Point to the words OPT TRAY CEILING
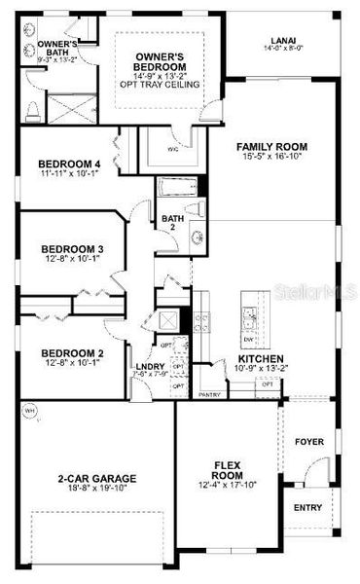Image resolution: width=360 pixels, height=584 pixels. click(168, 85)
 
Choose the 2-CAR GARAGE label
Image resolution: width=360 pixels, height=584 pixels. click(94, 478)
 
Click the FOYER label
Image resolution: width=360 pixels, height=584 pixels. click(309, 440)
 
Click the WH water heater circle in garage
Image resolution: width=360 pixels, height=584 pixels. click(28, 409)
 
